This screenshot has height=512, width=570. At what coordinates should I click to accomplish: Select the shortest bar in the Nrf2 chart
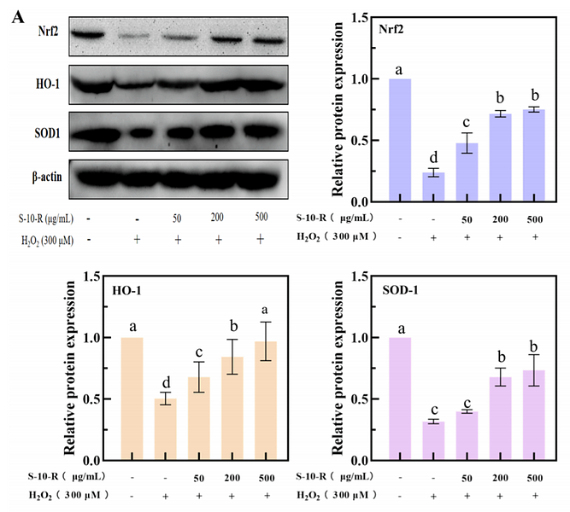(x=436, y=187)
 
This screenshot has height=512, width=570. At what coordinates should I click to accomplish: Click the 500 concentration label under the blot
(x=259, y=218)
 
